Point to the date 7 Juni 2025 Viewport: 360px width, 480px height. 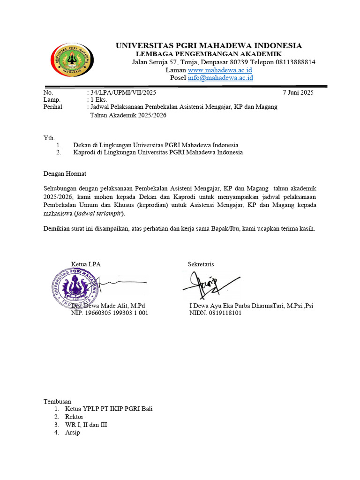pos(299,92)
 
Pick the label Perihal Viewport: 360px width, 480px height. pos(53,107)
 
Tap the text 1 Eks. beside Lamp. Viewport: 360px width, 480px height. pos(98,99)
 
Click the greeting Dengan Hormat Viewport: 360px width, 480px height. pos(65,173)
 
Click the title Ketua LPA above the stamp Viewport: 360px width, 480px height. pos(86,264)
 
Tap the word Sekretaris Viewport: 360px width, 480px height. pos(201,264)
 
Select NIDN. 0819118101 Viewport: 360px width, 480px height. pos(215,313)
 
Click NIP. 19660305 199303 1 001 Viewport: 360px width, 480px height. pos(109,313)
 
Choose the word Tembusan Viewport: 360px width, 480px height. pos(57,401)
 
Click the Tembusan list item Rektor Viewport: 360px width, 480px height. pos(74,417)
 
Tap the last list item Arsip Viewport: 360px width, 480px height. pos(73,433)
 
